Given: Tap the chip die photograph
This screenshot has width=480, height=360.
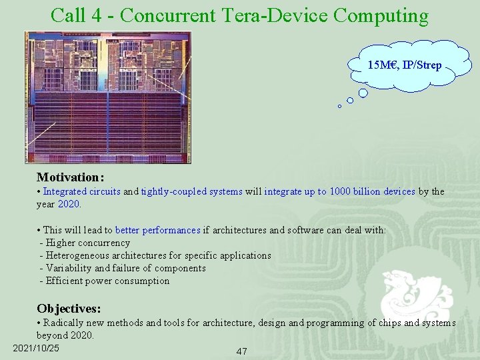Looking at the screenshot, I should [108, 97].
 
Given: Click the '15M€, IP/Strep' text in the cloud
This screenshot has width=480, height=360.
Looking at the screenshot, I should [404, 65].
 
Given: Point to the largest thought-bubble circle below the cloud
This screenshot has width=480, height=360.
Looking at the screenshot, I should [363, 93].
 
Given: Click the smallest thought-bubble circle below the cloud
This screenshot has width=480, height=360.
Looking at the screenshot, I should [339, 106].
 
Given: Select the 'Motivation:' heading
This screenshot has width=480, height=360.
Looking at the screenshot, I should [70, 177].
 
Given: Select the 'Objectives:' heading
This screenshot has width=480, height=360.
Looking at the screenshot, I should [69, 309].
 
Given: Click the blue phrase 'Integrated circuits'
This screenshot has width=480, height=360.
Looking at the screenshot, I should [82, 191].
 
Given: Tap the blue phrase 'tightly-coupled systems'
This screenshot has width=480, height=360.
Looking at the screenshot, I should [191, 191].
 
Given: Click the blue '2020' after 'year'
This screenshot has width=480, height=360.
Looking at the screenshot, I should [69, 204].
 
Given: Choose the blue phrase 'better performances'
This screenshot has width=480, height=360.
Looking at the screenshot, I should [157, 230].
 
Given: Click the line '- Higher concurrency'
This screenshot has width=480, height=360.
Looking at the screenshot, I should [85, 243].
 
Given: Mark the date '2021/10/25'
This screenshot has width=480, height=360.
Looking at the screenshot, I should [36, 348].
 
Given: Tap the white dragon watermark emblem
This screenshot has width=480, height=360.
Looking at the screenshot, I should [416, 296].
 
